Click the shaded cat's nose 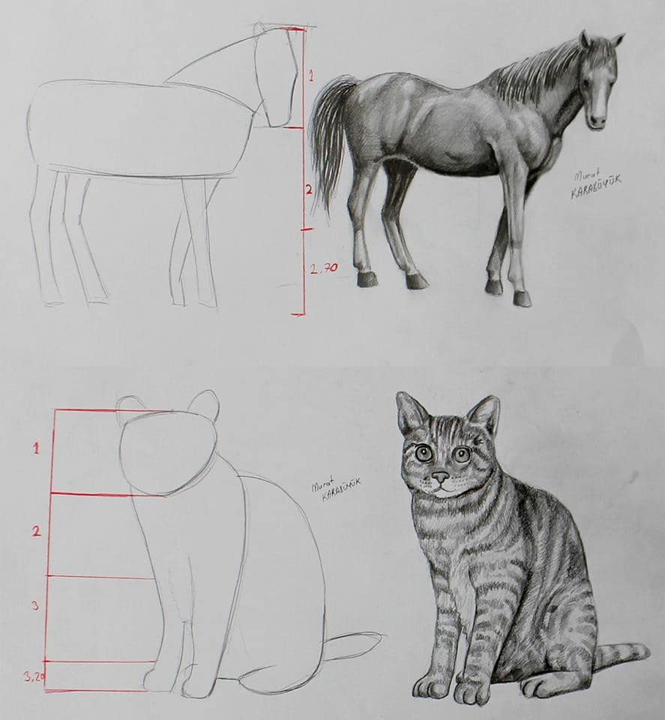coord(441,475)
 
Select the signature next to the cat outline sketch coord(335,488)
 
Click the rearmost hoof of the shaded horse coord(367,279)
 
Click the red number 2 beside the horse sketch coord(308,190)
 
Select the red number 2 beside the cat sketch coord(35,531)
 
